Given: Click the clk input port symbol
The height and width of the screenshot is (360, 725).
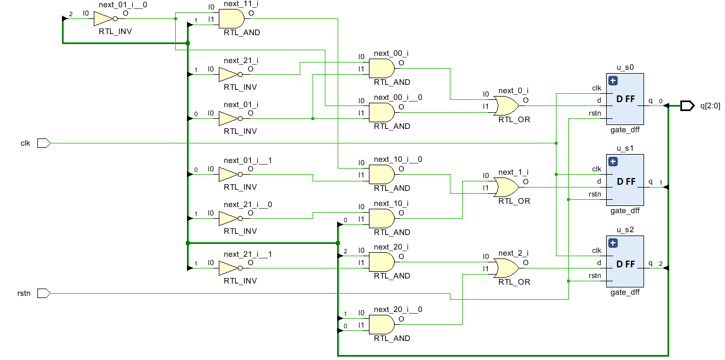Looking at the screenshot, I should [44, 143].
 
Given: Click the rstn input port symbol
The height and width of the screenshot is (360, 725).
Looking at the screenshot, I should [44, 293].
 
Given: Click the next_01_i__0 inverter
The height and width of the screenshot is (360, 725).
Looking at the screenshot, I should [104, 19].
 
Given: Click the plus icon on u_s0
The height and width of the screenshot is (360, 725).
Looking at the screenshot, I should [613, 80].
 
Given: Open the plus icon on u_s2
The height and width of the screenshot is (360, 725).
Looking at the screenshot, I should [613, 243].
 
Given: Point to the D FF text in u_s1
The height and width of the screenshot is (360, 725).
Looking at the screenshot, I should [626, 181].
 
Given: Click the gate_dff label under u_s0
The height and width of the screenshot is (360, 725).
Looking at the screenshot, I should [625, 129].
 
